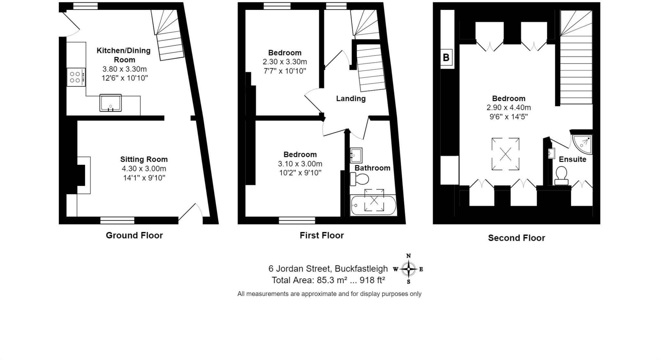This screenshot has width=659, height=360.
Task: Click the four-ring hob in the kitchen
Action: pos(76,77)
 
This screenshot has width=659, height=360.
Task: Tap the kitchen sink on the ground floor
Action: pos(110,103)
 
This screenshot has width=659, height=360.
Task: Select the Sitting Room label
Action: pos(144,159)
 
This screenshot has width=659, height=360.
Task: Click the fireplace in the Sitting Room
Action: pos(83,175)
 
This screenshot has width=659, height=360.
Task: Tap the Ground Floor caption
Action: pos(134,235)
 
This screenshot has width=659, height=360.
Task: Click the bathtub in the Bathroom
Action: pos(373,205)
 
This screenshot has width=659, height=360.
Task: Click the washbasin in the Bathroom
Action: pos(356,155)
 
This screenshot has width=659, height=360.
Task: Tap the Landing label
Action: pos(351,99)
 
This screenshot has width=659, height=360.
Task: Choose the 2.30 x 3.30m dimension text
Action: pos(285,62)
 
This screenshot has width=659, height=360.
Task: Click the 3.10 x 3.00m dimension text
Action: pos(300,164)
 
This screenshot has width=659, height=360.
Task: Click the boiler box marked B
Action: pos(446,58)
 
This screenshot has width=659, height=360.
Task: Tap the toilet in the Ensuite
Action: pos(562,175)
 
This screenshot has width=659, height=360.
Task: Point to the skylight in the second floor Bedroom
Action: pos(505,154)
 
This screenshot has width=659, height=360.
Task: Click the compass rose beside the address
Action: pos(408,269)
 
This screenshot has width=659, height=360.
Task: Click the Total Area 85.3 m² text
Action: pos(328,280)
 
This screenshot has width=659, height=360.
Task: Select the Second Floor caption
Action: pos(516,238)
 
